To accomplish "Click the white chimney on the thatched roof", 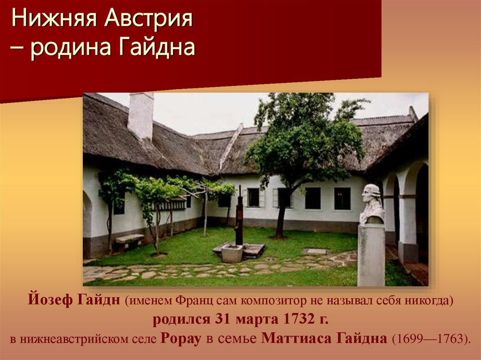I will [x=140, y=115].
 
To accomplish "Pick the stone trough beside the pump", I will [x=232, y=253].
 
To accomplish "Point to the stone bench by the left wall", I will [x=130, y=240].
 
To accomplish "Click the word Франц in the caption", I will [x=194, y=300].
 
